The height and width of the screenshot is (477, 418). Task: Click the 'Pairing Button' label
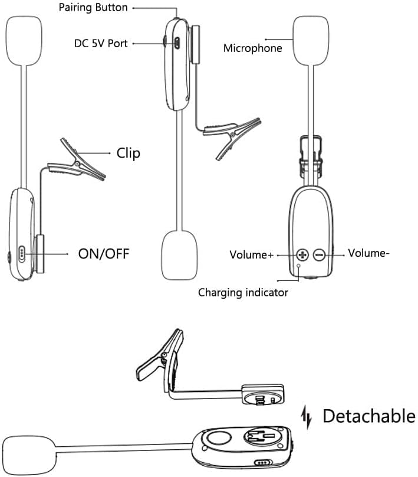click(x=94, y=8)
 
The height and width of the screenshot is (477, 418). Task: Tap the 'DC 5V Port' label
click(x=101, y=43)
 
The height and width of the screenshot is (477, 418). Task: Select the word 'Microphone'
click(x=253, y=48)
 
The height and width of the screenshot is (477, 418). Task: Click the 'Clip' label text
click(x=129, y=153)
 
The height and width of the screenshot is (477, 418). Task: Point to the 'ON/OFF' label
click(x=103, y=254)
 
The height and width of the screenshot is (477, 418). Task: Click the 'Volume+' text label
click(x=252, y=255)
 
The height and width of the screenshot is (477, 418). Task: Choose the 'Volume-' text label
click(x=368, y=253)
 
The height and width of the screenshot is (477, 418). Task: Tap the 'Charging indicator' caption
click(x=243, y=292)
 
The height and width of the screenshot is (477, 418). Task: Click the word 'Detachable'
click(x=368, y=416)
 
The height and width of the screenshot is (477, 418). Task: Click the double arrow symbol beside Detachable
click(x=306, y=416)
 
